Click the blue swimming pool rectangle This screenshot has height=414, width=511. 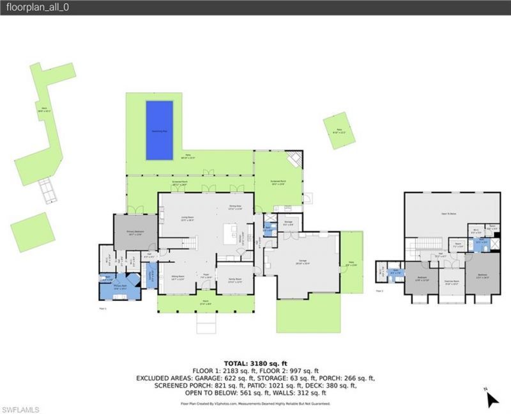point(159,130)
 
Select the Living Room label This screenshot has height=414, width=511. point(187,219)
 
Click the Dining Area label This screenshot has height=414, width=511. point(235,207)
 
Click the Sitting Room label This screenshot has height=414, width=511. point(178,278)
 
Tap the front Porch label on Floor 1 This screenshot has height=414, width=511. point(205,303)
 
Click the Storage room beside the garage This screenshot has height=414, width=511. point(288,224)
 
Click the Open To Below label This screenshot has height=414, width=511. point(452,215)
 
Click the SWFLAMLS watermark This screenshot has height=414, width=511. point(20,408)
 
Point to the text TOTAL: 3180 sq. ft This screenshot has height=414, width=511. point(256,363)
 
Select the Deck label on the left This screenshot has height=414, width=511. point(44,109)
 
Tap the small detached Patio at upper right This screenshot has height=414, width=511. point(339,131)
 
